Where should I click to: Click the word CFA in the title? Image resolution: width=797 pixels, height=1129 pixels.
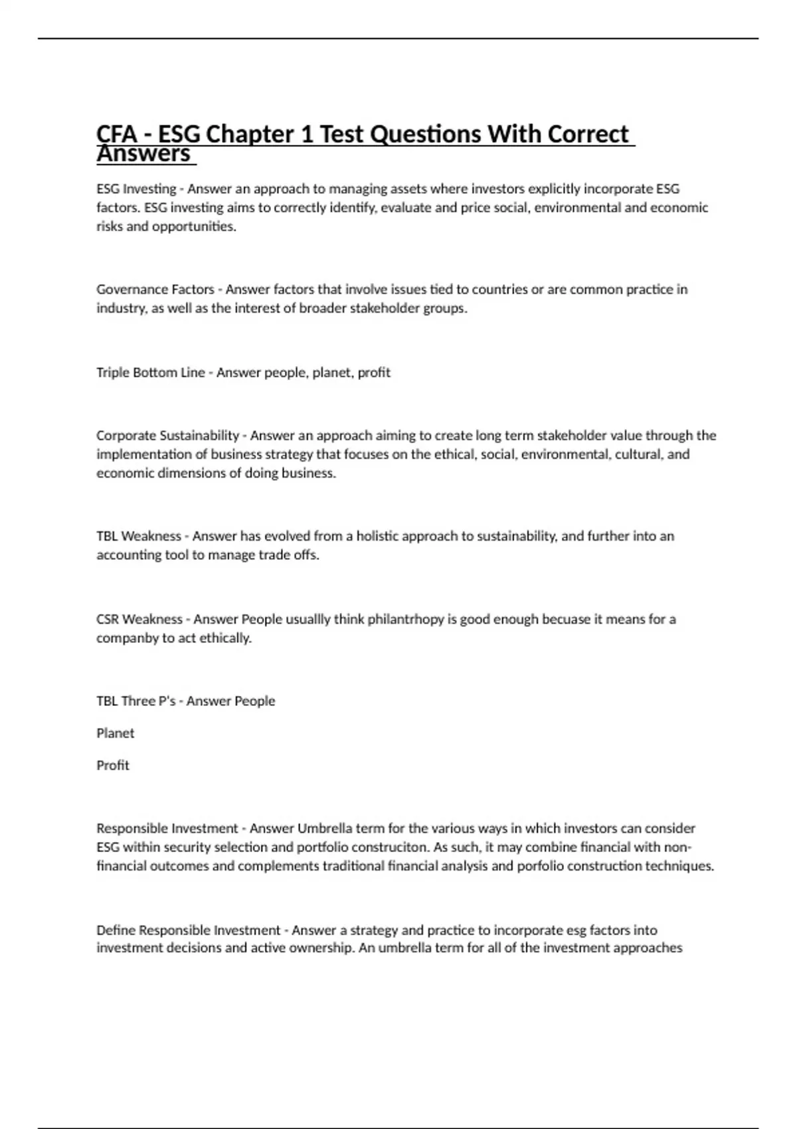coord(116,134)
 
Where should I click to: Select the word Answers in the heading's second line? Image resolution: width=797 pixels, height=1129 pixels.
coord(143,154)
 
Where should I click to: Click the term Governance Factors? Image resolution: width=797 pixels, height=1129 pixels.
coord(155,290)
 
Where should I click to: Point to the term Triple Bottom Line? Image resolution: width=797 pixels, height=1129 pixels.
coord(150,373)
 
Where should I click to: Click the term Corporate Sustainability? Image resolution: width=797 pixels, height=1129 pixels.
coord(167,436)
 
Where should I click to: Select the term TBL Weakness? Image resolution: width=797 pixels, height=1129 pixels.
coord(138,536)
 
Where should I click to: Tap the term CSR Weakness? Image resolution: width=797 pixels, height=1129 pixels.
coord(139,619)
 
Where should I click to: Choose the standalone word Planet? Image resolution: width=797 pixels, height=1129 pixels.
coord(115,733)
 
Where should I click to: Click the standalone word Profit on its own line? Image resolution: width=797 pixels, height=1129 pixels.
coord(113,765)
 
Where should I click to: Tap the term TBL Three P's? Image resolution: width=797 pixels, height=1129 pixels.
coord(135,701)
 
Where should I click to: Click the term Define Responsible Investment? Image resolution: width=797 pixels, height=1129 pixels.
coord(188,930)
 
